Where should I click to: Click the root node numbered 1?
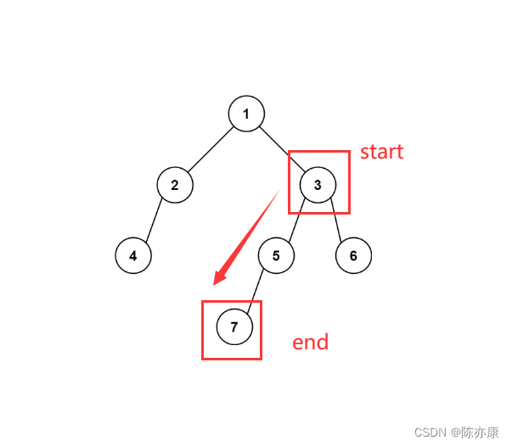click(x=246, y=114)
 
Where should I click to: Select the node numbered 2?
click(x=175, y=185)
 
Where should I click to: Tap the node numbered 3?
click(x=318, y=185)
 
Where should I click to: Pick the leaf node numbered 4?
click(x=133, y=255)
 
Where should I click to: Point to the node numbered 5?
click(x=276, y=255)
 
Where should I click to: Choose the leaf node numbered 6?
click(x=353, y=255)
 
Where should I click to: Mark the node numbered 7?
click(x=234, y=326)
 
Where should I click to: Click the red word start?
click(x=381, y=153)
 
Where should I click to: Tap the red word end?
click(x=310, y=343)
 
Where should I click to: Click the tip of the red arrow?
click(x=216, y=284)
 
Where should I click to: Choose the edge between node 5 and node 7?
click(x=255, y=291)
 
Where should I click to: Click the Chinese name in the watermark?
click(x=481, y=432)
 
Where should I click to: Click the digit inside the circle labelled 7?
click(x=234, y=326)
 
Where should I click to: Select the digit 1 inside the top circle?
click(x=246, y=114)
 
